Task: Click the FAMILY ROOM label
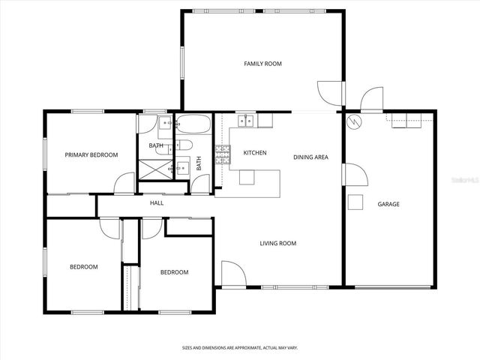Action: (x=262, y=64)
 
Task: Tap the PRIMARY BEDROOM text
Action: (x=91, y=155)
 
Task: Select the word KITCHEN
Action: (x=255, y=153)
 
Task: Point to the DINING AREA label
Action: (x=310, y=157)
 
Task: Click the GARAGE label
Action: (x=388, y=204)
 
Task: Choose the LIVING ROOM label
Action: (x=277, y=243)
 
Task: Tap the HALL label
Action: (x=157, y=203)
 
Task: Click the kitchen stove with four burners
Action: (x=223, y=154)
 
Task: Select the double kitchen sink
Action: (x=245, y=120)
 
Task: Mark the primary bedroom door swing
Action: (x=124, y=184)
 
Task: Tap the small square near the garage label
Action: (x=355, y=202)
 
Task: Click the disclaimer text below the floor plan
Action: (x=240, y=347)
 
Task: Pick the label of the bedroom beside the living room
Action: (x=174, y=272)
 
